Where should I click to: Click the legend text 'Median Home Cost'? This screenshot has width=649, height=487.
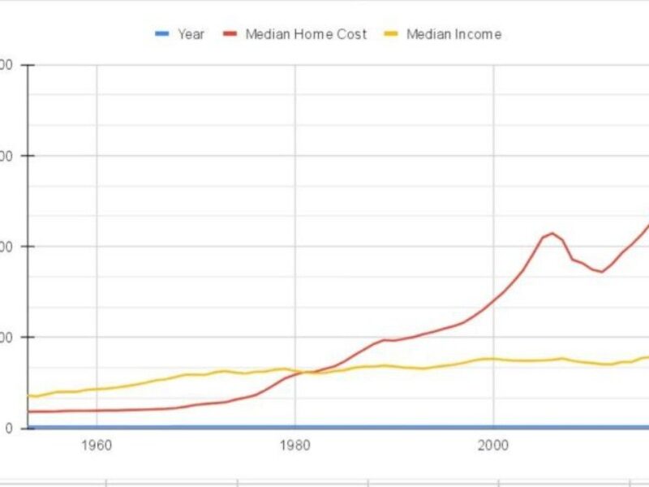coord(306,34)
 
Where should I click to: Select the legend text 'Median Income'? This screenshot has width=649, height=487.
coord(453,34)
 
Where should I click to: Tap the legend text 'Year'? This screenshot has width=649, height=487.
coord(191,34)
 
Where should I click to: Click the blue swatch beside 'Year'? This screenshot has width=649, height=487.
coord(162,34)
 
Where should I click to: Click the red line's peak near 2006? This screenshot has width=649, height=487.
coord(552,233)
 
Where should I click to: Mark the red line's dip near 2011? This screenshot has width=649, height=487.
coord(602,272)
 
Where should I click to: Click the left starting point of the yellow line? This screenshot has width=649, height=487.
coord(29,396)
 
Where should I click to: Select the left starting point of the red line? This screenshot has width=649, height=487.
coord(29,412)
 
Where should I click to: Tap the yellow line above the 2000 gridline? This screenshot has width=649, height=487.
coord(492,359)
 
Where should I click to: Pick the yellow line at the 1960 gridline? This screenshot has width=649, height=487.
coord(97,389)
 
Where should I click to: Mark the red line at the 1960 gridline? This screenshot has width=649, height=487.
coord(97,410)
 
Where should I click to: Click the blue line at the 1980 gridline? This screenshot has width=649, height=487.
coord(294,427)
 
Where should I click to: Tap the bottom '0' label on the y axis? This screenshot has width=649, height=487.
coord(6,428)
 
